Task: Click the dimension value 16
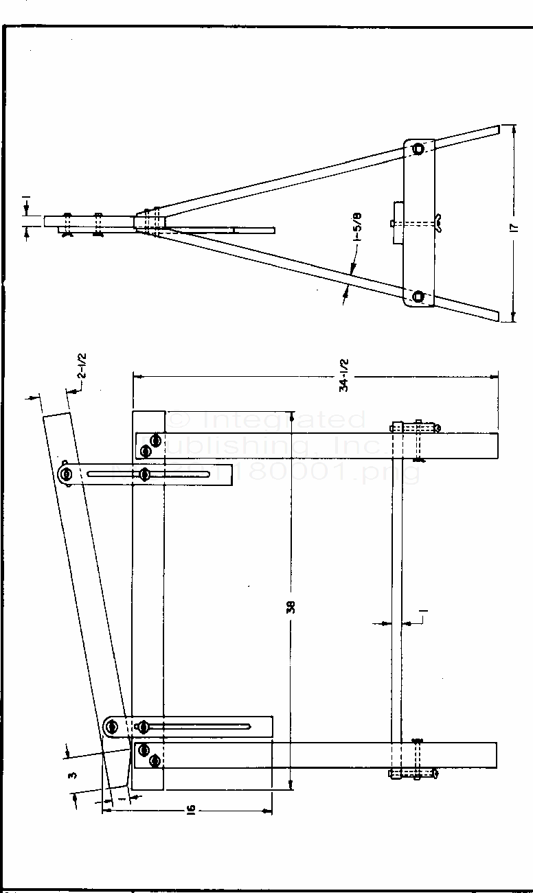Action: tap(192, 811)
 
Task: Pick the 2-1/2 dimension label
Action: tap(82, 367)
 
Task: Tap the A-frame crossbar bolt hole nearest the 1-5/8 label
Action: tap(418, 296)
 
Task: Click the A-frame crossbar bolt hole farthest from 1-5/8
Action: tap(418, 148)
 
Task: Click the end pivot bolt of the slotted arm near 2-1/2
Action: tap(66, 474)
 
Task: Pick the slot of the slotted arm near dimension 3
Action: tap(206, 726)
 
